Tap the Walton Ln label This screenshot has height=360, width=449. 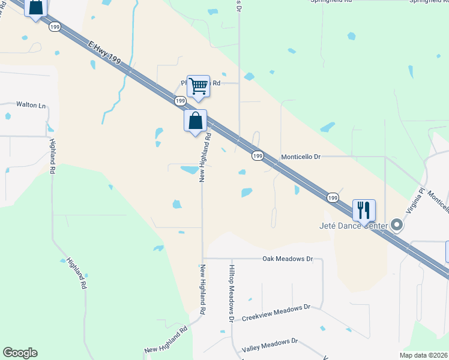[x=31, y=105]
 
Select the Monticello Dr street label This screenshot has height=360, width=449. [x=301, y=157]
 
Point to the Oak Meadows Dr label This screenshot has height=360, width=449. [x=288, y=259]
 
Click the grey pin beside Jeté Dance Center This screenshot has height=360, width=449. [x=397, y=225]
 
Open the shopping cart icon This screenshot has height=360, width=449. [x=197, y=86]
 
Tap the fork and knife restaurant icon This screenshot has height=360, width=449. [x=364, y=210]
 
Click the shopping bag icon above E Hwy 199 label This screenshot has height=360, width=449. [x=36, y=8]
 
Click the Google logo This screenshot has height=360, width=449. [x=20, y=353]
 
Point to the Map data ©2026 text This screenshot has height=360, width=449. [x=424, y=355]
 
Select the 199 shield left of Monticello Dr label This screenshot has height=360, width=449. [x=258, y=155]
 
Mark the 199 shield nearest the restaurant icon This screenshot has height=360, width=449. [x=333, y=197]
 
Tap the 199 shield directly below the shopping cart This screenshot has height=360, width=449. [x=179, y=101]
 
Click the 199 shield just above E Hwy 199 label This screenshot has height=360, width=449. [x=56, y=26]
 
